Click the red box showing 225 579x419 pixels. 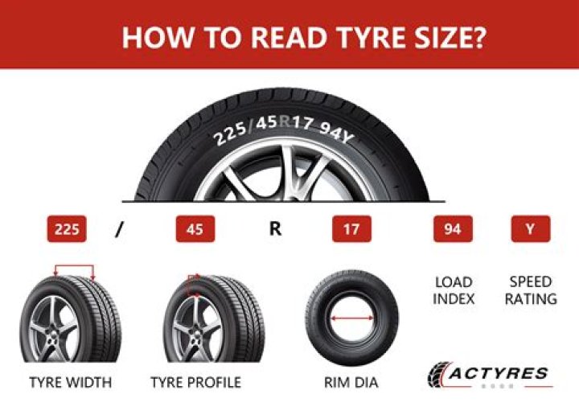click(x=68, y=229)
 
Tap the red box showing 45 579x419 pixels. click(x=195, y=229)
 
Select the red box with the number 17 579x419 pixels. click(x=351, y=229)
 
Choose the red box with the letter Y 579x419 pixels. click(x=530, y=229)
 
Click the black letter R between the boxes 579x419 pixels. click(x=275, y=229)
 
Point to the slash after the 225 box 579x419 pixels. click(x=120, y=230)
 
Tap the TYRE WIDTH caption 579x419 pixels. click(x=71, y=382)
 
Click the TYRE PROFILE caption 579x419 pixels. click(x=195, y=382)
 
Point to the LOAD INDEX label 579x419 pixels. click(x=454, y=290)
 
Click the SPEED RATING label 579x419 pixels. click(x=531, y=290)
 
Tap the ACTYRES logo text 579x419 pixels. click(x=499, y=373)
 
